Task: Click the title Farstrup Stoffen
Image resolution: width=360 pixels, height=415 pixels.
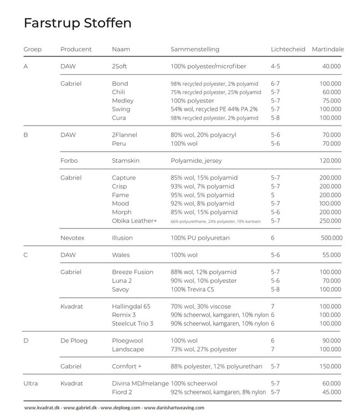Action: (78, 24)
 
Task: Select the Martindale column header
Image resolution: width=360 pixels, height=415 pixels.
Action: (328, 49)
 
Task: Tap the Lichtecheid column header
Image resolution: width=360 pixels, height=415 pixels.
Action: (288, 49)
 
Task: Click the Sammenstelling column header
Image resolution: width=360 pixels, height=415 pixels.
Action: (195, 49)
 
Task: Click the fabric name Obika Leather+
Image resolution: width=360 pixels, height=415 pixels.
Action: (135, 221)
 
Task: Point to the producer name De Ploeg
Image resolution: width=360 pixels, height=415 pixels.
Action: (74, 340)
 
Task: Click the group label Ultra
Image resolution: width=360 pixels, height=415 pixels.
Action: (32, 383)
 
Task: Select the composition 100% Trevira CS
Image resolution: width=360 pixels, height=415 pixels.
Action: (196, 289)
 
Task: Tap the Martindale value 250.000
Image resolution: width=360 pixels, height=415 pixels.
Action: (330, 221)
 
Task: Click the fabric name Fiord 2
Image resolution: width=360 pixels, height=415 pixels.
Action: (122, 392)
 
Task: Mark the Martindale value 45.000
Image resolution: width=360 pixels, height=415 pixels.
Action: (332, 392)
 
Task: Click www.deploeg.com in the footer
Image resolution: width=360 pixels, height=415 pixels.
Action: (121, 408)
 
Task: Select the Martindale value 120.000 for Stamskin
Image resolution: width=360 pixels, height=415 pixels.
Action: (330, 161)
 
